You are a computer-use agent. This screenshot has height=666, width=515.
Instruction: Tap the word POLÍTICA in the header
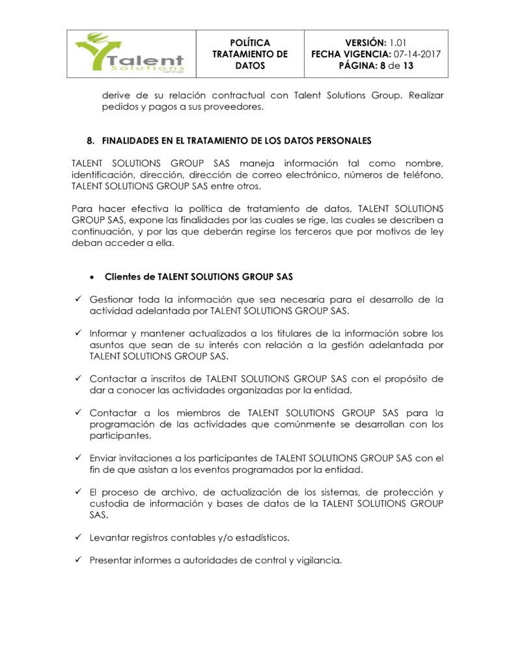249,42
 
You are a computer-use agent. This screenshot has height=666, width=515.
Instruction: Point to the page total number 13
408,66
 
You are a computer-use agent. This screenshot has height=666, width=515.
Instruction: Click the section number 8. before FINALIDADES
91,140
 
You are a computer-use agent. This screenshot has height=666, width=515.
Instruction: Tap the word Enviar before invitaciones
103,458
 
